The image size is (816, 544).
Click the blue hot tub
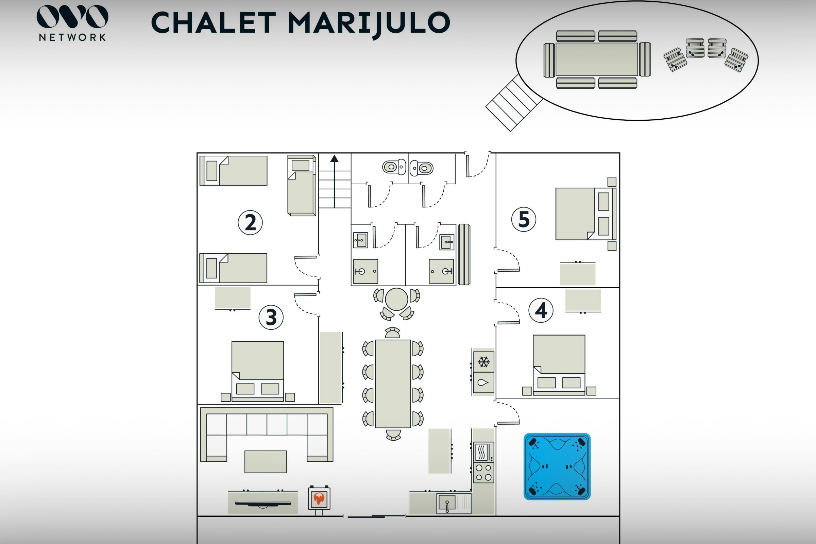[x=557, y=466]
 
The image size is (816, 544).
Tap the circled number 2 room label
[x=250, y=222]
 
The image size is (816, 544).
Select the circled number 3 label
[x=271, y=317]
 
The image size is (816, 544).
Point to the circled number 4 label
[x=541, y=310]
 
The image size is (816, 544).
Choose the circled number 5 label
[x=524, y=219]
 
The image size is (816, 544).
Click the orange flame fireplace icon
[x=319, y=498]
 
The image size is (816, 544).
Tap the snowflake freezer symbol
[x=483, y=362]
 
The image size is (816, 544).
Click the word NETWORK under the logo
[x=72, y=37]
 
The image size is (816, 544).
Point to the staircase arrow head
[x=334, y=158]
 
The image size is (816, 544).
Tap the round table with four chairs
[x=396, y=300]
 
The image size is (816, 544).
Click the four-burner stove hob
[x=483, y=473]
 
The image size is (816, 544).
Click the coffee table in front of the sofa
[x=266, y=461]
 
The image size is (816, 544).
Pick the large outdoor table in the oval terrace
[x=597, y=59]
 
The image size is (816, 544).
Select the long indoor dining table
[x=393, y=384]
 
